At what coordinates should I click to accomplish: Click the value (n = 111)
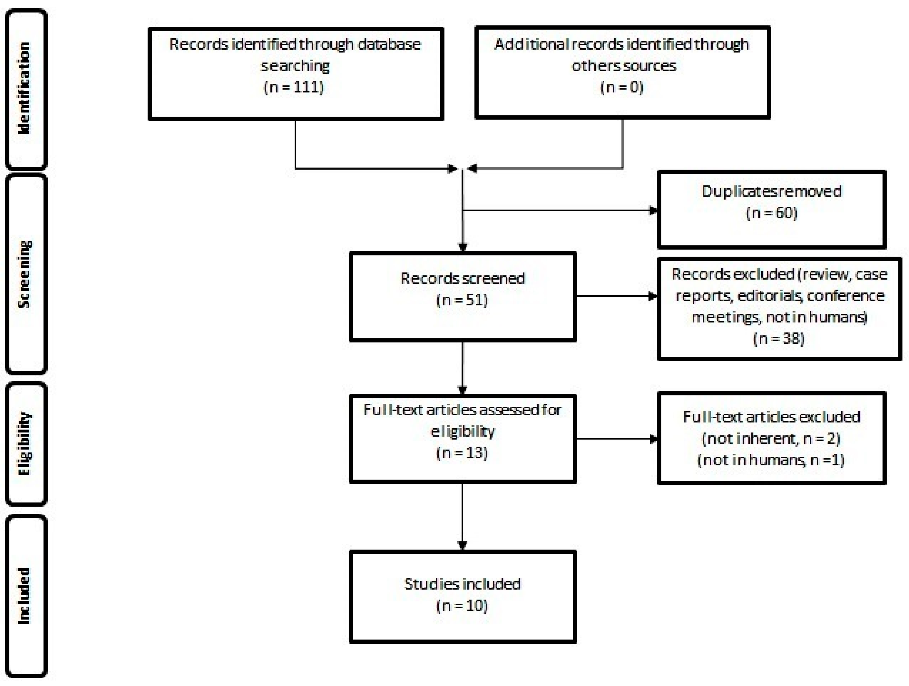point(294,87)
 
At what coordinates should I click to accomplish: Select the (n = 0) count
point(622,87)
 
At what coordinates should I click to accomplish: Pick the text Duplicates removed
point(771,191)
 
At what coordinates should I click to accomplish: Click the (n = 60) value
point(771,213)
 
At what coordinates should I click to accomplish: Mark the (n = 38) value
point(779,339)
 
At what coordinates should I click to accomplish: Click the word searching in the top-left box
point(295,66)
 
